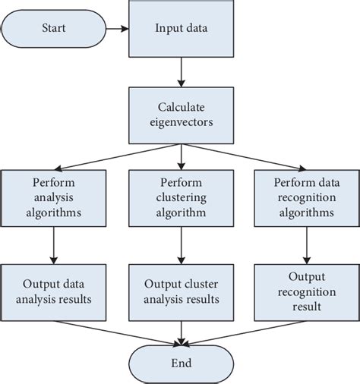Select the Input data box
point(180,30)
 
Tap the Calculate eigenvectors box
point(180,113)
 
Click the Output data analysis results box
point(54,290)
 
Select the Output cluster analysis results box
point(180,290)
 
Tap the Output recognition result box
point(305,290)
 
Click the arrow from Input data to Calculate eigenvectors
point(180,71)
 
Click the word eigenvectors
point(180,121)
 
